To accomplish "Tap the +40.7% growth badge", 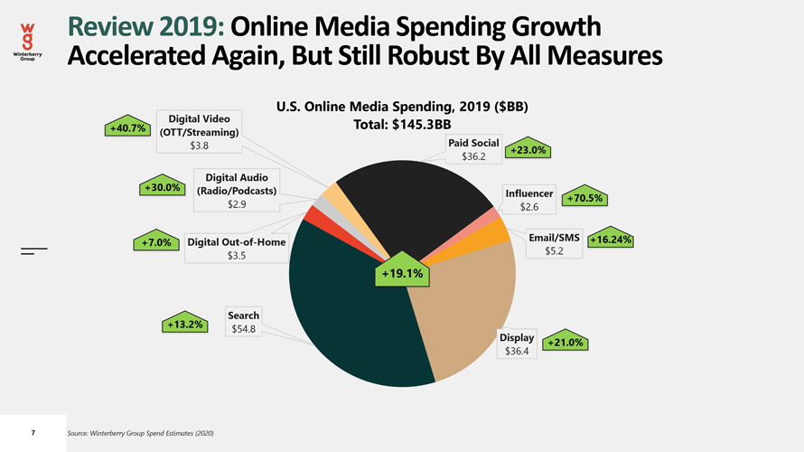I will click(127, 128).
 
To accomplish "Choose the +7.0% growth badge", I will click(154, 242).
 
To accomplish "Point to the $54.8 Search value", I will click(243, 329).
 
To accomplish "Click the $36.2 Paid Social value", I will click(473, 157).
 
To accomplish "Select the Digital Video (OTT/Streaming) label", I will click(199, 126).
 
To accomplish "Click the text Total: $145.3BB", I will click(402, 125).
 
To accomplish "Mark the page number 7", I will click(33, 434).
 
